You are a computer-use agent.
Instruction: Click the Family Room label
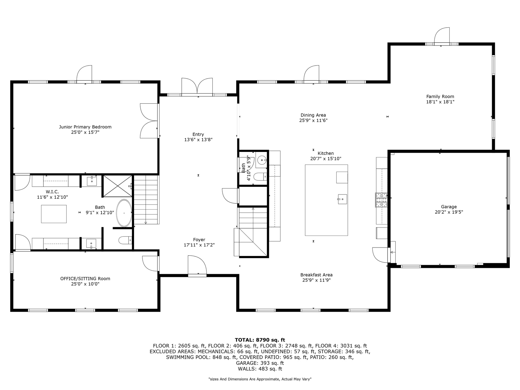(x=440, y=96)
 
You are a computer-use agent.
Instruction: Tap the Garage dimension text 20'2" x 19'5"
(x=449, y=212)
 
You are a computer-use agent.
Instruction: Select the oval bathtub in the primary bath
(x=124, y=213)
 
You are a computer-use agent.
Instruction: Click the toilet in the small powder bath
(x=260, y=177)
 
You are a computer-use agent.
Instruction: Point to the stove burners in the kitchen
(x=381, y=200)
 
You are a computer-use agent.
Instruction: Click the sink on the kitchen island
(x=342, y=199)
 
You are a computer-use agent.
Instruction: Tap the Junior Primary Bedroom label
(x=85, y=127)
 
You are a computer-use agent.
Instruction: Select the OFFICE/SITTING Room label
(x=85, y=278)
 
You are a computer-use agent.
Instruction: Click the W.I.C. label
(x=52, y=192)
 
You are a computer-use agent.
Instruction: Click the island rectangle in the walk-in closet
(x=54, y=214)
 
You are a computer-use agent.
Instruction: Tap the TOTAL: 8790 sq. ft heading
(x=260, y=340)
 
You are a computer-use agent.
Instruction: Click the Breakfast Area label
(x=316, y=275)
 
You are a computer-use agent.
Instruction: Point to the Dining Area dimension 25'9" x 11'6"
(x=313, y=121)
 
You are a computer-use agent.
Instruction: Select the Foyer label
(x=199, y=240)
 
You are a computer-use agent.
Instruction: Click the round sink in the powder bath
(x=262, y=160)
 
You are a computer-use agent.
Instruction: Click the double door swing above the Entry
(x=197, y=86)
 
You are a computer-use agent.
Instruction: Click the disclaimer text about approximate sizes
(x=260, y=379)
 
